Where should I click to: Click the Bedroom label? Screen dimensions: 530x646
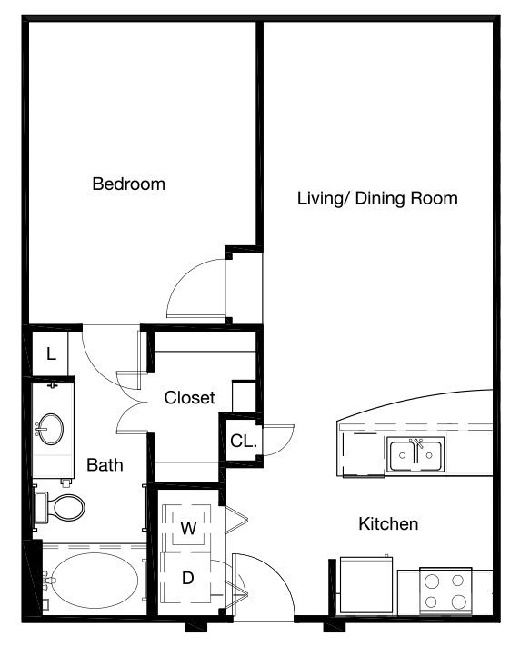pos(128,184)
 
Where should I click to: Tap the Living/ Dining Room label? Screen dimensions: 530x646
pos(377,199)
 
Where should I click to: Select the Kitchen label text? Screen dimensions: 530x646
pos(388,523)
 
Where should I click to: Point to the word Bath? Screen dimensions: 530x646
pos(105,465)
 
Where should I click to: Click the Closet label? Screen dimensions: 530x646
pos(190,398)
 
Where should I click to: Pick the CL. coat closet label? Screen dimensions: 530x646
pos(244,442)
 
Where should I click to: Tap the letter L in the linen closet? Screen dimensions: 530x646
pos(51,354)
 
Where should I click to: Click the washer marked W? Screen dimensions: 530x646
pos(188,528)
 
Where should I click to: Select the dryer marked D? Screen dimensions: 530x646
pos(187,578)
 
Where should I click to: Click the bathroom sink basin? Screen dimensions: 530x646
pos(50,429)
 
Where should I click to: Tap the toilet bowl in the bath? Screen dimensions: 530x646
pos(69,507)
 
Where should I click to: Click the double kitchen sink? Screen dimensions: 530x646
pos(415,454)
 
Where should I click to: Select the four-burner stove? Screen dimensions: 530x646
pos(445,591)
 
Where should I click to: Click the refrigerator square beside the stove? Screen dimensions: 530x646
pos(366,585)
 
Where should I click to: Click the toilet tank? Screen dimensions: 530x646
pos(41,507)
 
